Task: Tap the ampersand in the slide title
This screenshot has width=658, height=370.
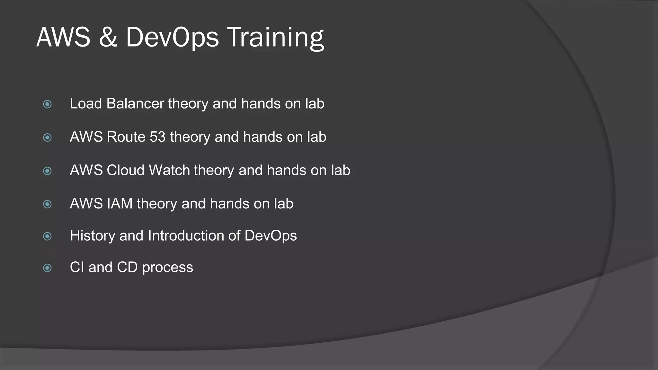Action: (108, 38)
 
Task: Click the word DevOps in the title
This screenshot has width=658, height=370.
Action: (172, 38)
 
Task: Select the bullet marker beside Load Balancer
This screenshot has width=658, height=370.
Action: (47, 104)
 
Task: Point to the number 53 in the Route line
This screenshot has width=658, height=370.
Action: (157, 137)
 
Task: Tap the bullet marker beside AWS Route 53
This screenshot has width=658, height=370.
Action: (47, 138)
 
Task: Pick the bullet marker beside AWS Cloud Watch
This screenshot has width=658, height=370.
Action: (47, 171)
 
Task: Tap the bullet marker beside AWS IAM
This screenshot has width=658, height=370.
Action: (47, 204)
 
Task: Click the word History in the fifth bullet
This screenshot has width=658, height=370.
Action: (92, 236)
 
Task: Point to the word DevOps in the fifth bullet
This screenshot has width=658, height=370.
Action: (271, 236)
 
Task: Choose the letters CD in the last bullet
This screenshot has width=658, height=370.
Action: (127, 268)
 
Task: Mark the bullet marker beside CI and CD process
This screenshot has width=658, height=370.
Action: (47, 268)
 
